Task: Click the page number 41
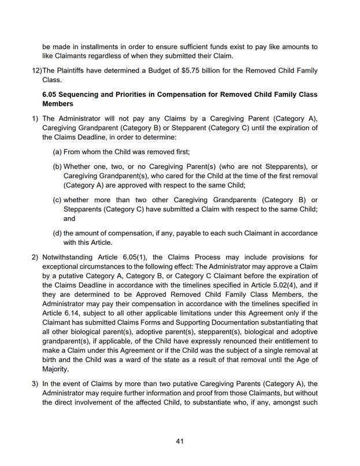click(x=180, y=442)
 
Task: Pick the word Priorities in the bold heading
click(x=148, y=94)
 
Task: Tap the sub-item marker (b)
click(x=58, y=166)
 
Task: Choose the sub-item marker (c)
click(x=58, y=200)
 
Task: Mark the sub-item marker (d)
click(x=58, y=233)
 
